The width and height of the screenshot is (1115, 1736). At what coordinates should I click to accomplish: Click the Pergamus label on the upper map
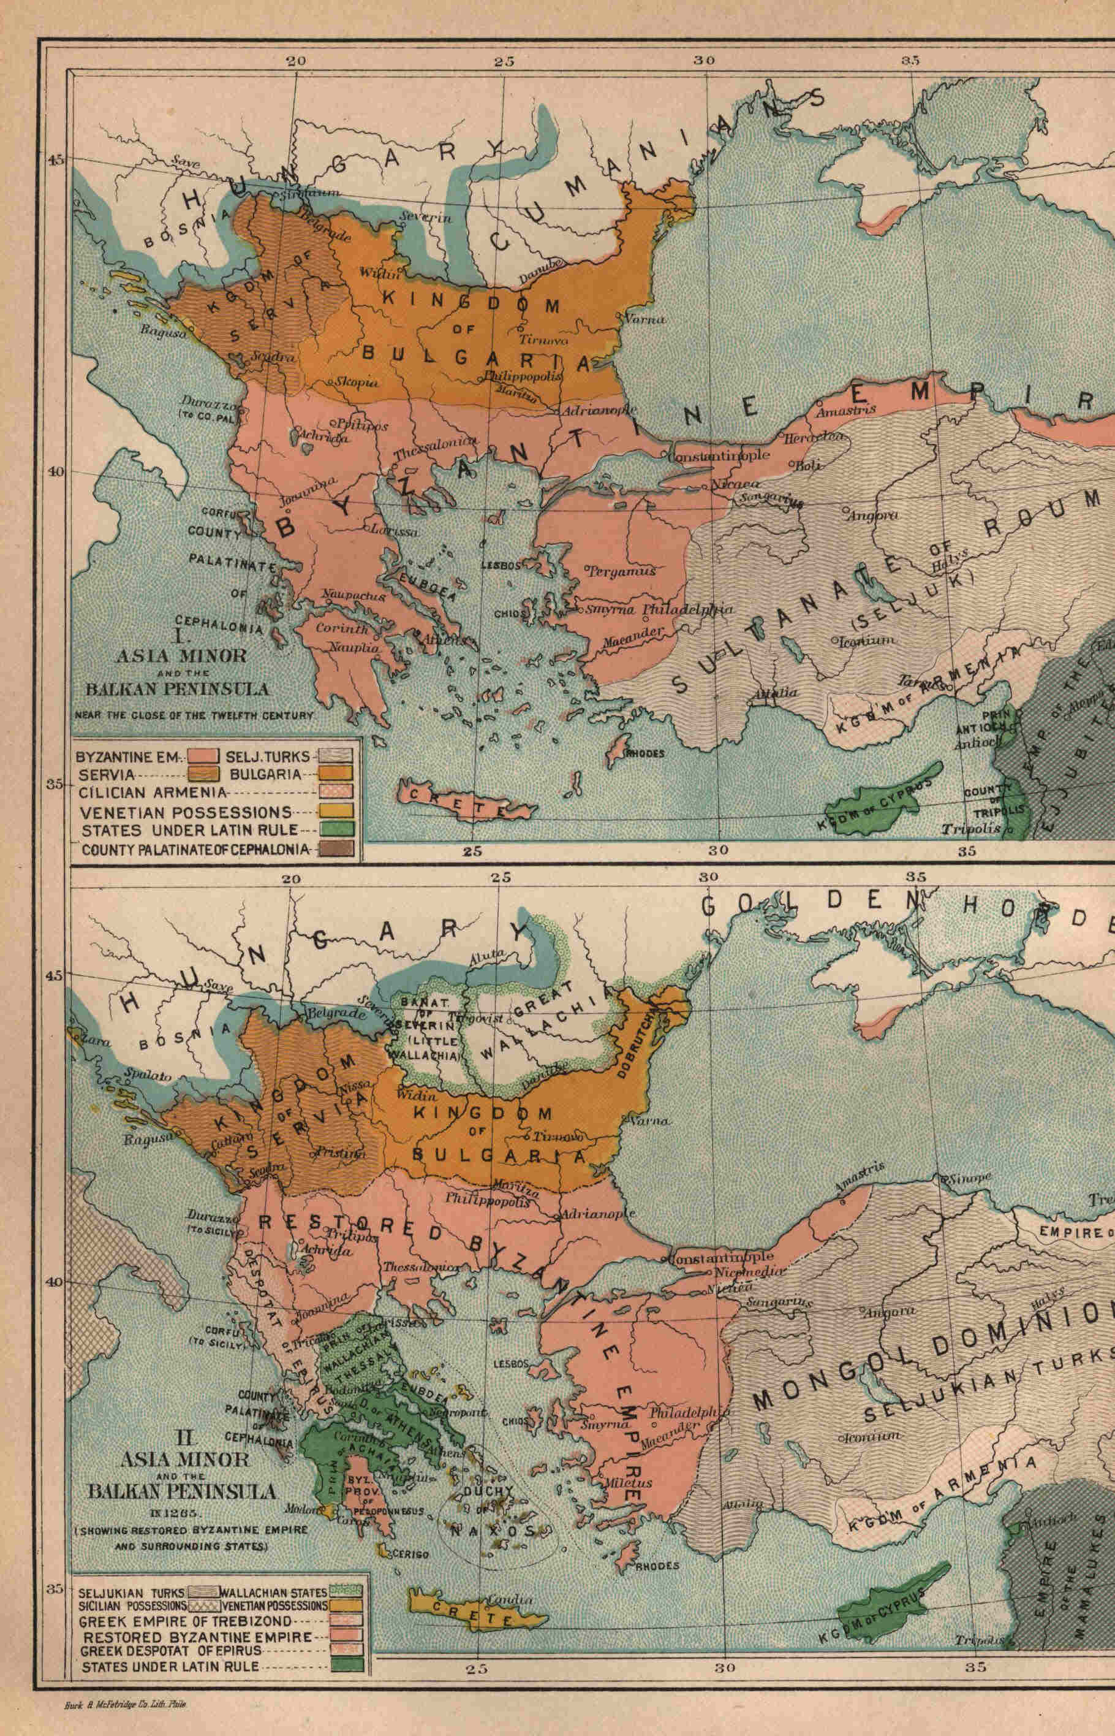(621, 571)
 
